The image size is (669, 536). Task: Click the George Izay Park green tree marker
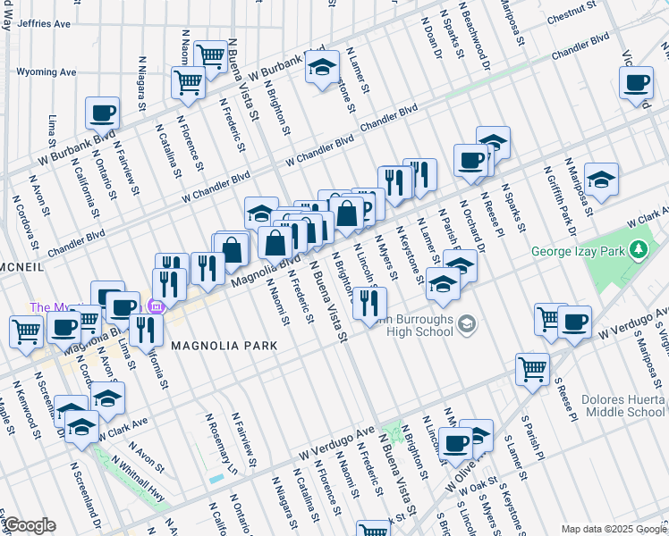point(639,247)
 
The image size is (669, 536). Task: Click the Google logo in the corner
point(30,525)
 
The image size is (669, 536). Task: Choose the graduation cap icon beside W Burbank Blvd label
point(322,67)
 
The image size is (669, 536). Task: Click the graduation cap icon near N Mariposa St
point(601,177)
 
